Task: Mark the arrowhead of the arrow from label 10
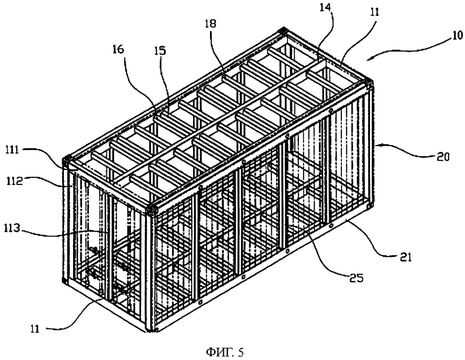click(x=369, y=58)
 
